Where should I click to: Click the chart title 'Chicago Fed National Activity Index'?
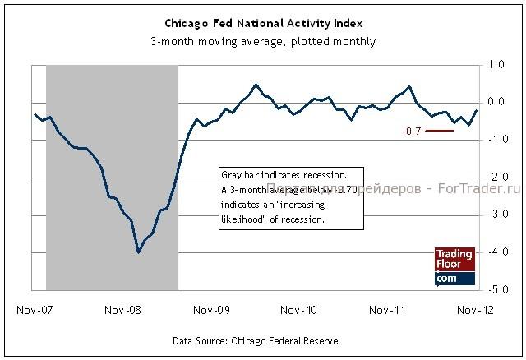pyautogui.click(x=262, y=23)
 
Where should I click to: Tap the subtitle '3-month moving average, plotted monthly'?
pyautogui.click(x=262, y=41)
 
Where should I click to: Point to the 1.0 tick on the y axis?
pyautogui.click(x=496, y=64)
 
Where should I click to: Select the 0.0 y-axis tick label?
pyautogui.click(x=496, y=102)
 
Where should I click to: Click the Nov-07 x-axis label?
pyautogui.click(x=33, y=311)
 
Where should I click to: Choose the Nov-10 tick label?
pyautogui.click(x=299, y=311)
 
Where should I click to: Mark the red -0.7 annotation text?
pyautogui.click(x=412, y=131)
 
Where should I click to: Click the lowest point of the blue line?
pyautogui.click(x=138, y=252)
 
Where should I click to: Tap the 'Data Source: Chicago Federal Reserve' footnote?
pyautogui.click(x=255, y=339)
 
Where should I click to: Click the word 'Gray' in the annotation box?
pyautogui.click(x=233, y=175)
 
